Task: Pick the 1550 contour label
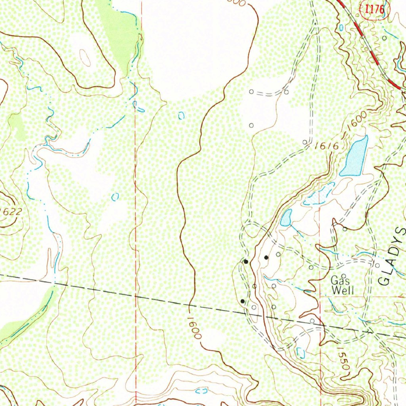343,359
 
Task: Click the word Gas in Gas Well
339,280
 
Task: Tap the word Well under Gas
342,290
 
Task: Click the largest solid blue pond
354,156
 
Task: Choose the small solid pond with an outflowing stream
286,218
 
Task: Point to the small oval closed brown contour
85,58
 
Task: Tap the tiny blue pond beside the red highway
342,28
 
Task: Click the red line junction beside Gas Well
320,296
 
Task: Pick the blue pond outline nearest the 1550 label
301,352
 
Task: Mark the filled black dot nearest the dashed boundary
242,301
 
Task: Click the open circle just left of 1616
304,142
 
